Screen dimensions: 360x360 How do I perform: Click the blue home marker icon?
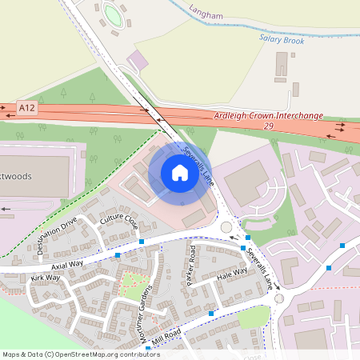click(x=179, y=173)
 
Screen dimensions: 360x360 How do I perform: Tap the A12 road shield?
click(x=27, y=106)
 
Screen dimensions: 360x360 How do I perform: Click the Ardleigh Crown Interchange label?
click(x=269, y=116)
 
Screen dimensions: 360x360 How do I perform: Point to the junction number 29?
click(x=268, y=126)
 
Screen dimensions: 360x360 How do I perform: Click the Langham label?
click(x=206, y=11)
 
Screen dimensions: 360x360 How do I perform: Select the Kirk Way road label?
click(x=46, y=278)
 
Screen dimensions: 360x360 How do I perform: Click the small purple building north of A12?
click(x=139, y=60)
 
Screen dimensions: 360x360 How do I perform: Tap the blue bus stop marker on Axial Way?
click(x=118, y=254)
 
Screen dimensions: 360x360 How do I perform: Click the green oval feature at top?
click(x=113, y=15)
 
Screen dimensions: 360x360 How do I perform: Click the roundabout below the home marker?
click(x=226, y=228)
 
